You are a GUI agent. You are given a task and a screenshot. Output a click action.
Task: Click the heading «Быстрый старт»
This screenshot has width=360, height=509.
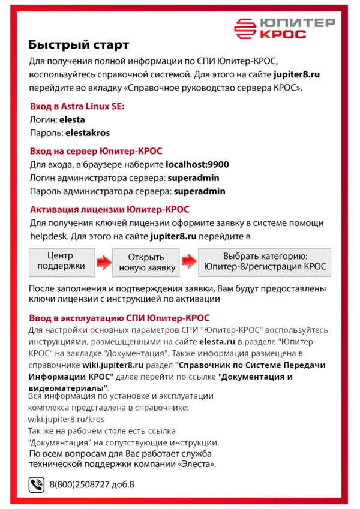[79, 45]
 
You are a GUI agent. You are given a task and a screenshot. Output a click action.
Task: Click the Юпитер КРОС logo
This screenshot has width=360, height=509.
[284, 28]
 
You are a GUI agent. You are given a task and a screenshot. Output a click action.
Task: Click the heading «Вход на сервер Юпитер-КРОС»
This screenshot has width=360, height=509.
[95, 151]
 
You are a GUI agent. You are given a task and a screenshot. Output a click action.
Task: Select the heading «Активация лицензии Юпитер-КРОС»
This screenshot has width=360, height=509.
[109, 209]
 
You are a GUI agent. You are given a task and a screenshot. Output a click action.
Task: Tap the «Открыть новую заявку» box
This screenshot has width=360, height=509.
[146, 262]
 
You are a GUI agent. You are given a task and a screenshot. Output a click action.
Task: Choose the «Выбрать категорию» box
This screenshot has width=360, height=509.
[265, 261]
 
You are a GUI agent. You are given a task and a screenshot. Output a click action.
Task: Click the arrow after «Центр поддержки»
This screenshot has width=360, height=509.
[103, 262]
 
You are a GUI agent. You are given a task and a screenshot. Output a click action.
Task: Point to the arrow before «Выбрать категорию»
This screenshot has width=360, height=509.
[189, 262]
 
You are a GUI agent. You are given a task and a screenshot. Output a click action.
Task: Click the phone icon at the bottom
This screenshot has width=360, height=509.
[37, 484]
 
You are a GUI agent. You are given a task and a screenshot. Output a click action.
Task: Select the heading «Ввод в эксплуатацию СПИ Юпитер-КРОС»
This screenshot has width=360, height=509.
[119, 318]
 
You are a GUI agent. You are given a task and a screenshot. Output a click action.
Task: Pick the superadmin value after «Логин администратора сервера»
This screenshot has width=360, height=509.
[193, 178]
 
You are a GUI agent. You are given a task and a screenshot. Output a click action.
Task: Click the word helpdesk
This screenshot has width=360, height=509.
[47, 236]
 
